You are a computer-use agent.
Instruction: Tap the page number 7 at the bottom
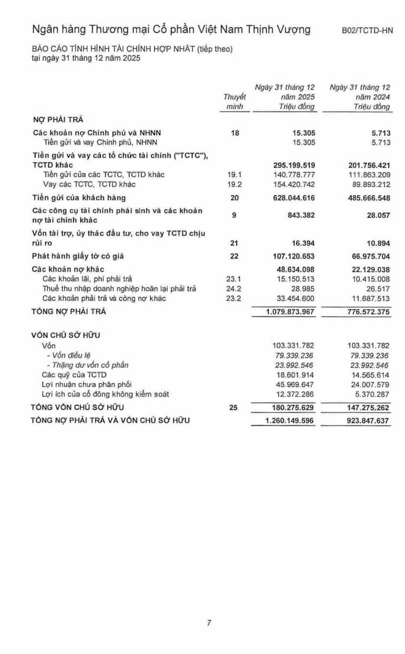(209, 623)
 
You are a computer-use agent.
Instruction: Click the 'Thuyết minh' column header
(234, 102)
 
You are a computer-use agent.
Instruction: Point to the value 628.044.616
(294, 198)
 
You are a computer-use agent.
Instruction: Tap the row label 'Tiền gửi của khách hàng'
(79, 198)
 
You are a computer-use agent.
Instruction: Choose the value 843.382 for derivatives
(300, 215)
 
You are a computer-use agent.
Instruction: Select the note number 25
(234, 408)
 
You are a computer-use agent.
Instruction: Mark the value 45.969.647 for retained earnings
(294, 385)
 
